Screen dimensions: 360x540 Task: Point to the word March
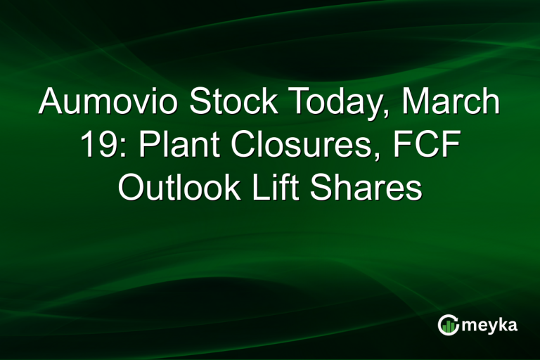[x=452, y=103]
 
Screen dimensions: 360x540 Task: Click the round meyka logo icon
[x=448, y=324]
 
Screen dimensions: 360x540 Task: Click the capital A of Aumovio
[x=51, y=103]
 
